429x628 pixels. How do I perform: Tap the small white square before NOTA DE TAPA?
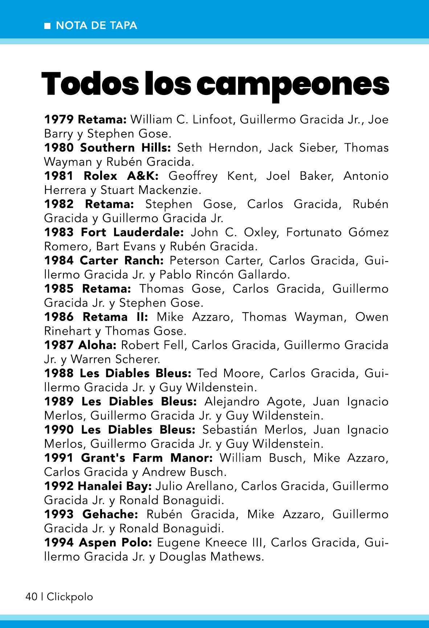(x=47, y=26)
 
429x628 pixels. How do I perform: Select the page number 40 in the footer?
(x=31, y=596)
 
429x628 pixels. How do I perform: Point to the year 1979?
(x=59, y=119)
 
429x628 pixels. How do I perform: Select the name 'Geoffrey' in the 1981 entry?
(x=193, y=176)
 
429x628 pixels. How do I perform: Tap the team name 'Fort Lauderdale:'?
(x=132, y=232)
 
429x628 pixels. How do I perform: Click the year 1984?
(x=59, y=260)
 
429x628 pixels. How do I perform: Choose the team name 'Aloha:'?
(x=97, y=345)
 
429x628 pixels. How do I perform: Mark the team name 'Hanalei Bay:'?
(x=115, y=486)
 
